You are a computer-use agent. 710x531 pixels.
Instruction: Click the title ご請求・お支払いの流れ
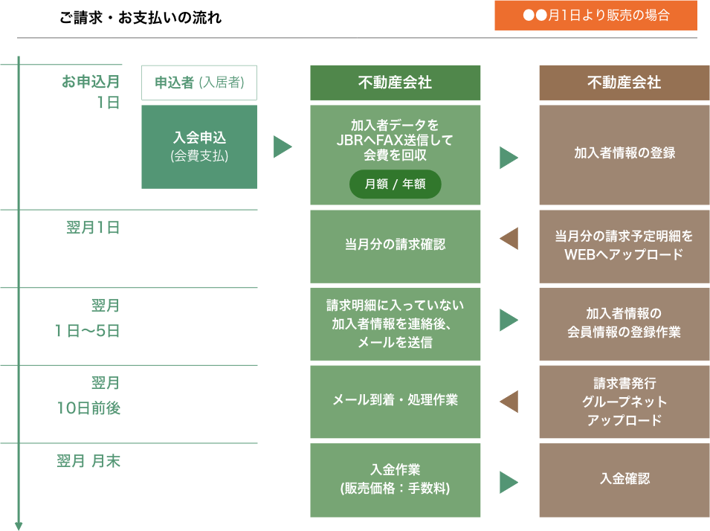pyautogui.click(x=141, y=18)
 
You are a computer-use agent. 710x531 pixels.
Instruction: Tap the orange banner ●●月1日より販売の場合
pyautogui.click(x=596, y=16)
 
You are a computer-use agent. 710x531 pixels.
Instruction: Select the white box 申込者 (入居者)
pyautogui.click(x=199, y=83)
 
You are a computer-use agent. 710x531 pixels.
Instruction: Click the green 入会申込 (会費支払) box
pyautogui.click(x=199, y=147)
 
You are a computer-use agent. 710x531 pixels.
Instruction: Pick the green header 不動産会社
pyautogui.click(x=396, y=83)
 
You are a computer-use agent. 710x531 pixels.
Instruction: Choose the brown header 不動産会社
pyautogui.click(x=625, y=83)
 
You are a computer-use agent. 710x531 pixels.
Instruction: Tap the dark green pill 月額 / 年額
pyautogui.click(x=396, y=184)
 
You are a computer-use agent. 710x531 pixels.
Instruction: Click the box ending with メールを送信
pyautogui.click(x=396, y=324)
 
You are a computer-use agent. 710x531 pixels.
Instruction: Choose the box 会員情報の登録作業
pyautogui.click(x=625, y=324)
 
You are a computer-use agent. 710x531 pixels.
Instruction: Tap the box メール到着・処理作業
pyautogui.click(x=396, y=402)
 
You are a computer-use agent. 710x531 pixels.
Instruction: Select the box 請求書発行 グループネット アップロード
pyautogui.click(x=625, y=402)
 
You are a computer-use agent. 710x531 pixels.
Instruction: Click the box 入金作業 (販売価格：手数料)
pyautogui.click(x=396, y=480)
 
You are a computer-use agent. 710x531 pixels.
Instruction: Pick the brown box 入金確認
pyautogui.click(x=625, y=480)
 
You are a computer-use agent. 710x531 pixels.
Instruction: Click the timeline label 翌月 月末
pyautogui.click(x=88, y=461)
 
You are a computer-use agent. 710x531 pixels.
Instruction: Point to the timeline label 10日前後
pyautogui.click(x=88, y=408)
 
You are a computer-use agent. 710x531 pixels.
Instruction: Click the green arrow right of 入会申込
pyautogui.click(x=283, y=147)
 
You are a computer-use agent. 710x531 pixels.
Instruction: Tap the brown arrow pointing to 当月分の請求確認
pyautogui.click(x=509, y=239)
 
